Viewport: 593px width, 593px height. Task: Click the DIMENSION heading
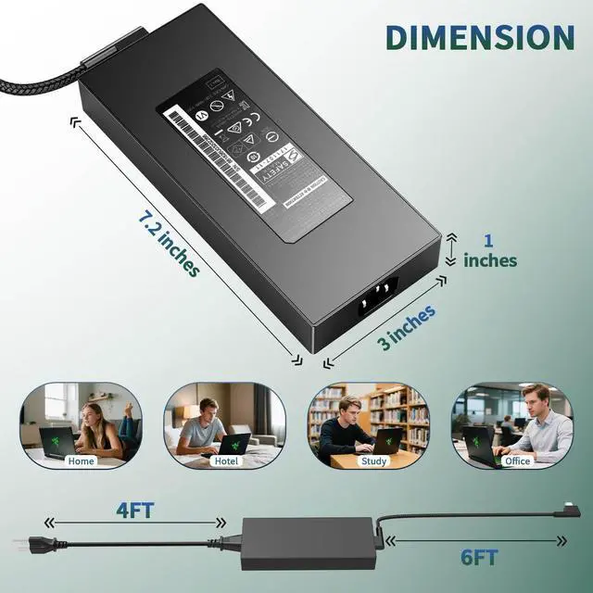(480, 37)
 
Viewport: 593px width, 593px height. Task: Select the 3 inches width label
(406, 326)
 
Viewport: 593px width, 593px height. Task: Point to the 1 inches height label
(490, 250)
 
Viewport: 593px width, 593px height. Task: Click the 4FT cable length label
(135, 509)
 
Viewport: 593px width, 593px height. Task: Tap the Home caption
(82, 461)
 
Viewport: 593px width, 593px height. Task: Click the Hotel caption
(225, 461)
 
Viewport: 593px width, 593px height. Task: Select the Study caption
(374, 461)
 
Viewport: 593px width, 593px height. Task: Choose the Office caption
(517, 461)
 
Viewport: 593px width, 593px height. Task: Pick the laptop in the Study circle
(386, 442)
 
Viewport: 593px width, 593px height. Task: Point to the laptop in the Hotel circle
(234, 443)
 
